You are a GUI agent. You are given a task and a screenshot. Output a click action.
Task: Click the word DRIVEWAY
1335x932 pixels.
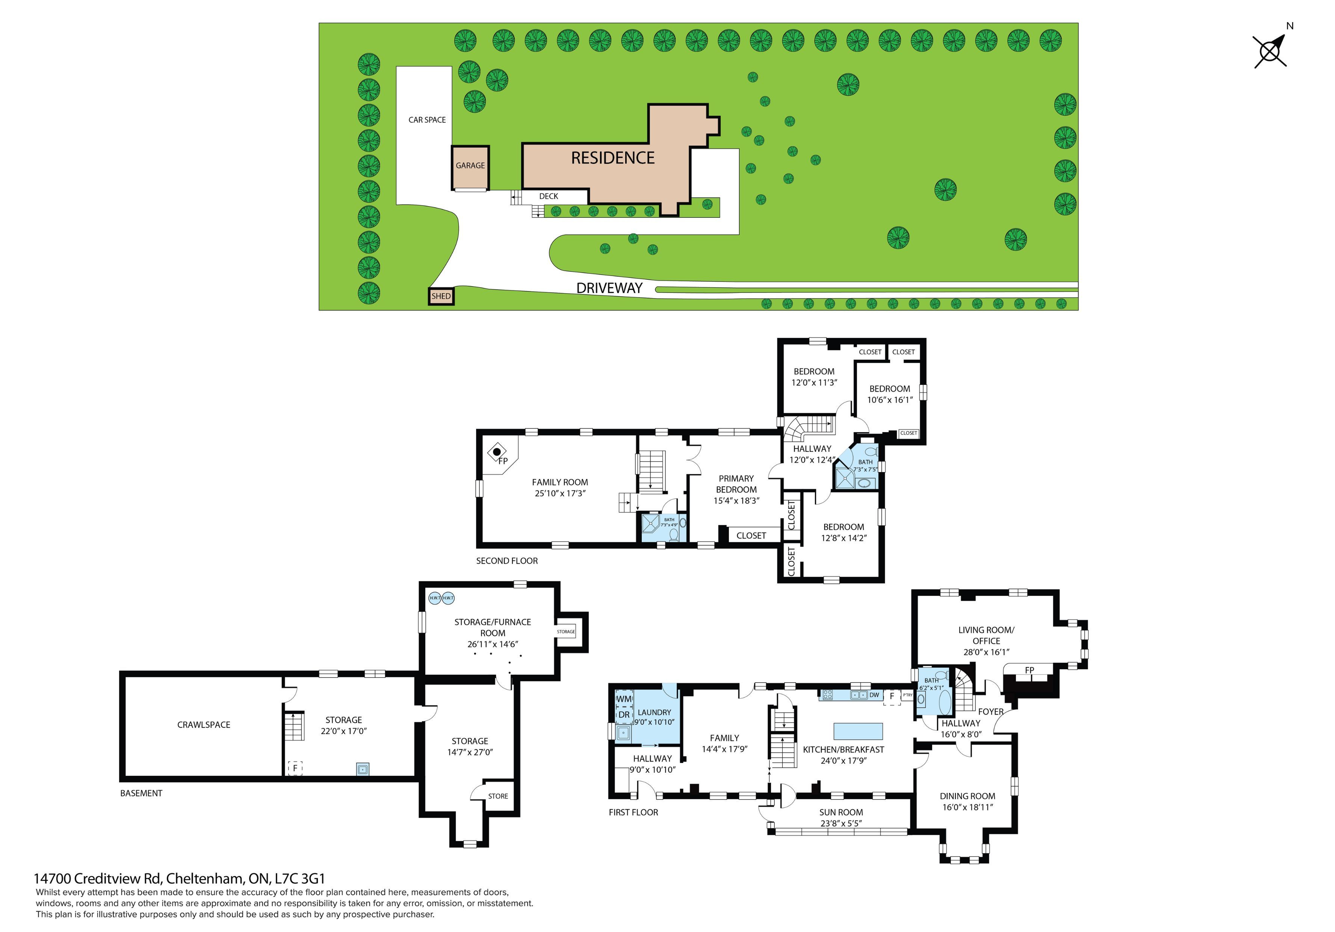click(609, 288)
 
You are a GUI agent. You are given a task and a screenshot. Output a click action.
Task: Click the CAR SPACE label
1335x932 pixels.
click(427, 120)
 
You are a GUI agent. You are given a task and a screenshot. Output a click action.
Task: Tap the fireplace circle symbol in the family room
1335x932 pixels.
click(497, 451)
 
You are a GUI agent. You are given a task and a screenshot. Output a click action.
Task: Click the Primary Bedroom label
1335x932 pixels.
click(736, 484)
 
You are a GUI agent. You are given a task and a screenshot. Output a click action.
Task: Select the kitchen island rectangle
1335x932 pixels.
click(858, 731)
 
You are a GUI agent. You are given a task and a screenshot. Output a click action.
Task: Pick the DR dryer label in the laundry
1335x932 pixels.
click(624, 715)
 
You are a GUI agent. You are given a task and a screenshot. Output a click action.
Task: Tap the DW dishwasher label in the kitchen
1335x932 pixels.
click(874, 695)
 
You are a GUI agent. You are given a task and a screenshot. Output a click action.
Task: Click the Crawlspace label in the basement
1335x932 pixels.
click(204, 725)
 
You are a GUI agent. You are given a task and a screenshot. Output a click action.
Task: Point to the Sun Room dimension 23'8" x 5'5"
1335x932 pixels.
click(841, 823)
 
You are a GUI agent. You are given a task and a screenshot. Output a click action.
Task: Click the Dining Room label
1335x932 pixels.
click(968, 796)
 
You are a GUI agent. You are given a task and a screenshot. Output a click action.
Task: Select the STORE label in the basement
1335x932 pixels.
click(498, 796)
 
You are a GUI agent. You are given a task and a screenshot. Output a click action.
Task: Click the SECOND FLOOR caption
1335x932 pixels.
click(507, 561)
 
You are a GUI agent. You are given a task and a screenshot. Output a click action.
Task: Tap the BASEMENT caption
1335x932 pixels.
click(141, 793)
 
